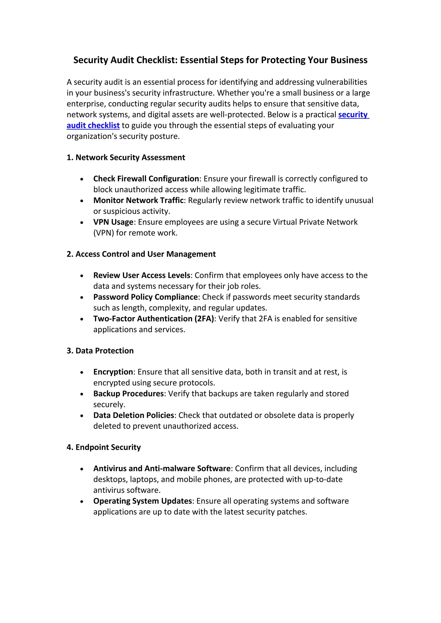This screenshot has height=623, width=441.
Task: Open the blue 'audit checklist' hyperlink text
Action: pos(93,125)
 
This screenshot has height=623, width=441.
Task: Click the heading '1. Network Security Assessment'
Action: pos(126,157)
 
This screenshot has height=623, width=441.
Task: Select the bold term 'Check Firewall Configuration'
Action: pos(146,179)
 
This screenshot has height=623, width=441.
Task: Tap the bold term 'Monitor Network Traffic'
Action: pos(138,200)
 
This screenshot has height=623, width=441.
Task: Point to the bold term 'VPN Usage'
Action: pos(113,222)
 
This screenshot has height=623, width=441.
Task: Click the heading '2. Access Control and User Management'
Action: pos(141,254)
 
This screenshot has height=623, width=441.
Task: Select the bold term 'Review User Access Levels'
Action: pos(141,275)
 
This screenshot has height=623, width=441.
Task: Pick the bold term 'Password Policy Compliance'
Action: pos(145,297)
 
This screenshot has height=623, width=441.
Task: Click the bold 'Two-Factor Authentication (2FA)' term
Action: pos(154,319)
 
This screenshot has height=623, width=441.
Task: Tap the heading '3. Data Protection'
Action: pos(100,351)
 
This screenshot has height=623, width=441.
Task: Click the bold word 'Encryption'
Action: pos(113,372)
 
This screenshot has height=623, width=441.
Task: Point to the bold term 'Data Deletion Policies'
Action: pos(134,415)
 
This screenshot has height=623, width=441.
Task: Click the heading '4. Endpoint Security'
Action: pos(104,447)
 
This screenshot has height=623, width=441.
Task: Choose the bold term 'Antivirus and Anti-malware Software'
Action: pos(162,468)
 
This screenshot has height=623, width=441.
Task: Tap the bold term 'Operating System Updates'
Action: pos(143,501)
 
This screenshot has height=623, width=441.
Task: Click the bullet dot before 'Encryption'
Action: pos(82,373)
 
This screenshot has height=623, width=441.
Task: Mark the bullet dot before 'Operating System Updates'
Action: pos(82,502)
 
